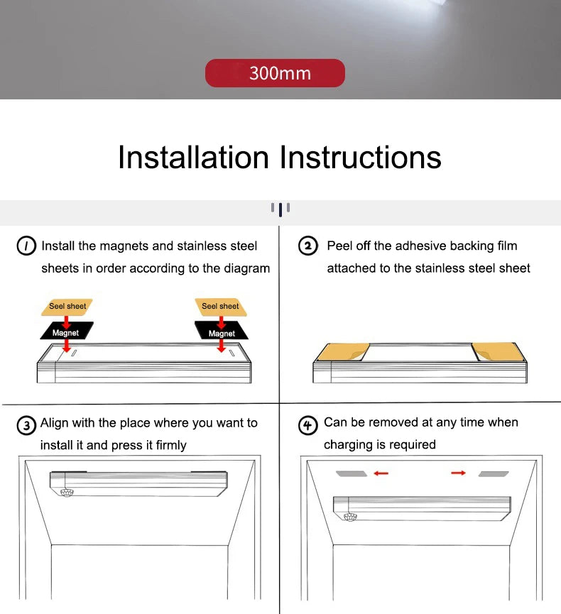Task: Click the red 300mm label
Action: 275,73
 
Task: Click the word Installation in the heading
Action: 193,157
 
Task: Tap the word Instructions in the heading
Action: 361,157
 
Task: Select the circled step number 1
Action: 26,246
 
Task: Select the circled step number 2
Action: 307,246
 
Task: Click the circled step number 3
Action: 26,425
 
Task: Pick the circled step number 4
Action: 307,425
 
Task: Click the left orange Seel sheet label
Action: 67,307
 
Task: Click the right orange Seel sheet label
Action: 220,307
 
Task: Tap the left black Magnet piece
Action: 65,332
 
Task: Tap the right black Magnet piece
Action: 222,332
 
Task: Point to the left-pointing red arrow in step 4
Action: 381,473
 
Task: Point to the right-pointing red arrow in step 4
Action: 458,473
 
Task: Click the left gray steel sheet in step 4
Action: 351,473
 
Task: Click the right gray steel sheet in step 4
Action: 493,473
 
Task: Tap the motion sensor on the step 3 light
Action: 68,491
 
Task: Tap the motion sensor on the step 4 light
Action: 350,516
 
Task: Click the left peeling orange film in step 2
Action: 339,352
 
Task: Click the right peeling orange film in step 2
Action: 497,351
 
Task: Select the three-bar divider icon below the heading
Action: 280,209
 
